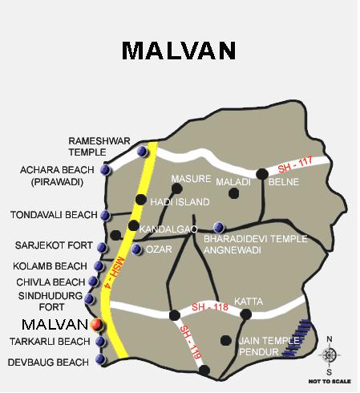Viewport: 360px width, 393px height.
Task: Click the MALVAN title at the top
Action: pos(179,50)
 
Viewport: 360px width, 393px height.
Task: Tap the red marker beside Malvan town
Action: pos(96,325)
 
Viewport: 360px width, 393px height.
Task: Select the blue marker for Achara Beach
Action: pos(105,169)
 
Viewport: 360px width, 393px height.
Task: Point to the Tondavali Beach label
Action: pos(52,215)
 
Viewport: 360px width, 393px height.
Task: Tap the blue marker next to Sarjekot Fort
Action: pos(101,247)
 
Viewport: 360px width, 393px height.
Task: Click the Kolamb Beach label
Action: pos(50,265)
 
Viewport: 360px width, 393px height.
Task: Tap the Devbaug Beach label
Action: pos(47,363)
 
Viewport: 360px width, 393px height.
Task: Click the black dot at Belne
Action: pos(261,172)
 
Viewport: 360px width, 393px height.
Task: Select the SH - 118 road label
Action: pos(210,307)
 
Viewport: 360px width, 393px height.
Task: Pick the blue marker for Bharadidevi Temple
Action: pos(220,227)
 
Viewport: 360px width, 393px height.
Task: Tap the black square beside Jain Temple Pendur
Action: pos(226,339)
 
